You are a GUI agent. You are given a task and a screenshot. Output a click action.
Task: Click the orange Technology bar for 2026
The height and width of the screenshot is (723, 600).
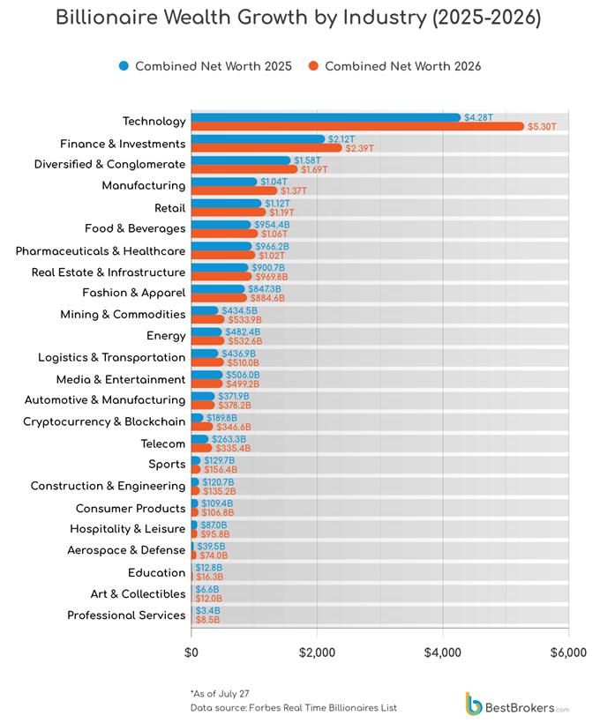click(357, 126)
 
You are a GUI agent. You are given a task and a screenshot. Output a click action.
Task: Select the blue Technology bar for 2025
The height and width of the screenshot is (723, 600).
click(326, 117)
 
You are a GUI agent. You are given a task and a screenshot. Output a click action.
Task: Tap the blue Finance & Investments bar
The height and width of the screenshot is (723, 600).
click(258, 139)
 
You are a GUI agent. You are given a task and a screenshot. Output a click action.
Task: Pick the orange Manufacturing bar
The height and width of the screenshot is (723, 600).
click(235, 191)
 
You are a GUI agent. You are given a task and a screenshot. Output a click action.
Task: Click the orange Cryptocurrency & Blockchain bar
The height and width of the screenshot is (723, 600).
click(202, 427)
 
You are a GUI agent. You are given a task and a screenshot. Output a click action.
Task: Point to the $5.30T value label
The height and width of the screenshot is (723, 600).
click(542, 127)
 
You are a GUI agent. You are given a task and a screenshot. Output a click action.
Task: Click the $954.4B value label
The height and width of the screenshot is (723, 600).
click(272, 225)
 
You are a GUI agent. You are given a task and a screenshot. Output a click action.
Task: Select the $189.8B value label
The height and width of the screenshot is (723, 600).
click(221, 418)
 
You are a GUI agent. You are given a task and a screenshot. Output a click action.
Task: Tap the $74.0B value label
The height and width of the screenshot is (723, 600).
click(214, 556)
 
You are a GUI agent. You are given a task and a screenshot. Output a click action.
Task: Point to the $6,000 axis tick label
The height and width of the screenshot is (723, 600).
click(568, 653)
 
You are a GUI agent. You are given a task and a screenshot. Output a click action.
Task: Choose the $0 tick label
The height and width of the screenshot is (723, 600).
click(191, 653)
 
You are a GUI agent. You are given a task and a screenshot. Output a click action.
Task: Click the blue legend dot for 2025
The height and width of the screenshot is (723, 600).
click(124, 66)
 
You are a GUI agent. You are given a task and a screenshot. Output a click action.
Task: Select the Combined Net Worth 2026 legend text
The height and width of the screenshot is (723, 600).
click(403, 66)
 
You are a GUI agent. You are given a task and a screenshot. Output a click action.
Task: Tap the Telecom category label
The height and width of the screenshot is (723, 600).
click(163, 443)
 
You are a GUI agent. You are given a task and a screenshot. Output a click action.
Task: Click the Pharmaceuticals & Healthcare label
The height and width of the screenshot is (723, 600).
click(101, 250)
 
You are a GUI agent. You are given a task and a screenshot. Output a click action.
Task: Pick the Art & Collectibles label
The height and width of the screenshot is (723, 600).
click(138, 594)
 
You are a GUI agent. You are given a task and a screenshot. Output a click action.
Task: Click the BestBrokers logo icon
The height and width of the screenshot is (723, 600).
click(474, 704)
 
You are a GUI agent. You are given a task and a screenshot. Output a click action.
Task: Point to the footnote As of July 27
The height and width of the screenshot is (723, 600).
click(220, 694)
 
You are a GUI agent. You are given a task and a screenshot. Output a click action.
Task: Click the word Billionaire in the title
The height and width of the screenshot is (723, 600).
click(108, 18)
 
